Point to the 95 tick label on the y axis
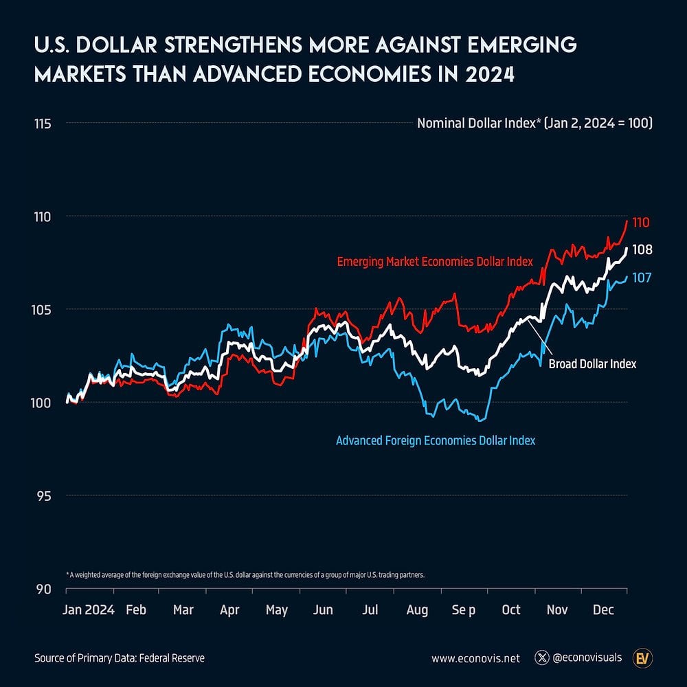point(44,496)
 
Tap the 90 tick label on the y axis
point(44,589)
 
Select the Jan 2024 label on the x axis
point(89,610)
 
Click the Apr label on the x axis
point(230,610)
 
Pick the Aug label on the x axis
point(417,610)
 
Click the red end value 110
point(641,223)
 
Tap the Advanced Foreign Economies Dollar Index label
point(435,440)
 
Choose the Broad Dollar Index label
point(592,364)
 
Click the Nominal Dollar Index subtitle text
point(534,124)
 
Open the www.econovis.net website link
point(474,658)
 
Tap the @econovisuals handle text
point(588,658)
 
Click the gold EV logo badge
point(643,658)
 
